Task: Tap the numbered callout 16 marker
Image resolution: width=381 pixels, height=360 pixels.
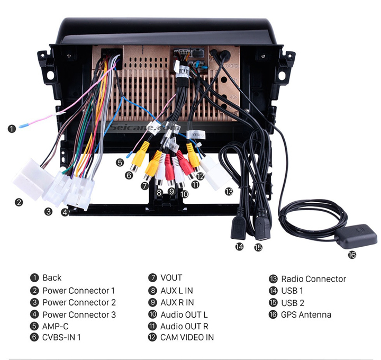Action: pos(352,255)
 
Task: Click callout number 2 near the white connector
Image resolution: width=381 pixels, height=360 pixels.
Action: pos(19,202)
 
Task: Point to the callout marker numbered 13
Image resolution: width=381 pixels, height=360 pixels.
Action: pos(229,192)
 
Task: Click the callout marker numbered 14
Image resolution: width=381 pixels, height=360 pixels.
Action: pos(240,246)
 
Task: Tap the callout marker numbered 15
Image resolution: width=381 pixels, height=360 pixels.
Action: pos(258,247)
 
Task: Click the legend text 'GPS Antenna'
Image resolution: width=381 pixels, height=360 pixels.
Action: pos(306,314)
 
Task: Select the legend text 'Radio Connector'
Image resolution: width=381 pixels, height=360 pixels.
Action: pos(313,278)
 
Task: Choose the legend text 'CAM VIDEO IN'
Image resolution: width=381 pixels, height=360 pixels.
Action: pos(187,337)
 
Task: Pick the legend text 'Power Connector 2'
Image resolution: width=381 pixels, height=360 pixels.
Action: pos(79,302)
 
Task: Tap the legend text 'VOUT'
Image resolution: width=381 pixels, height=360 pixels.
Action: pos(171,277)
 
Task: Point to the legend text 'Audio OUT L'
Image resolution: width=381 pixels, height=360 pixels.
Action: pos(184,314)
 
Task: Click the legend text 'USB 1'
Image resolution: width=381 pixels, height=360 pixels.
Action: pos(292,291)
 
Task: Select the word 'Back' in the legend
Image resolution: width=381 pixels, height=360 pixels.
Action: pos(52,277)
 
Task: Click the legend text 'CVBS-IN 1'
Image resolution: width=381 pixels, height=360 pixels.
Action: pos(61,337)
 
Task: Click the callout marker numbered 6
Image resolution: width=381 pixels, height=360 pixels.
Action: pos(129,175)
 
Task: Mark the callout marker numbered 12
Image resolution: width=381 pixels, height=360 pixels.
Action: pos(200,176)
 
